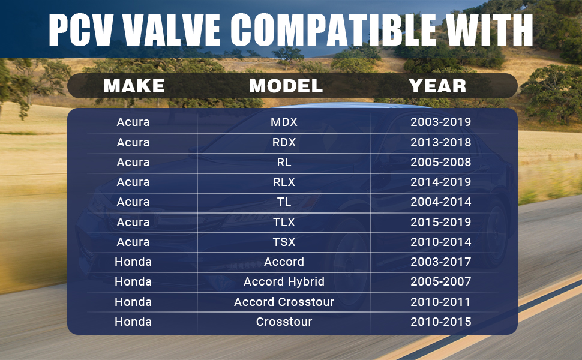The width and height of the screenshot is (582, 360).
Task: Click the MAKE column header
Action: coord(134,86)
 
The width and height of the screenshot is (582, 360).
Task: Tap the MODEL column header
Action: coord(286,86)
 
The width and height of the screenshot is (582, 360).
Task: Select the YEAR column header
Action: coord(437,86)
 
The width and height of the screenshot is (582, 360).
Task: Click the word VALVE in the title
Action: coord(172,29)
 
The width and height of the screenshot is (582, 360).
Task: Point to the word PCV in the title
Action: coord(80,29)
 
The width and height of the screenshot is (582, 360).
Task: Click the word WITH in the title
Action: coord(489,29)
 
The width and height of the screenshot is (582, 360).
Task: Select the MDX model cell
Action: coord(284,122)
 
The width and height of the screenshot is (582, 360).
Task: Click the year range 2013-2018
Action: coord(440,142)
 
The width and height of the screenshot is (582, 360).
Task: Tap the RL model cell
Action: coord(284,162)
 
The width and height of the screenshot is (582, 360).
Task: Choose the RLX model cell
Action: coord(284,182)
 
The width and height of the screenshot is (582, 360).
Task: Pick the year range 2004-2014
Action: coord(440,202)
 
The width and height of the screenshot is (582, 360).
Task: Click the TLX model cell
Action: coord(284,222)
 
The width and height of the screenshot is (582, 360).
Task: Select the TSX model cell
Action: coord(284,242)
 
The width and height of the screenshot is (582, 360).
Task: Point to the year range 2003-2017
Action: coord(440,262)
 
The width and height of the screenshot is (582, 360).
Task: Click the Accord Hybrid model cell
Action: coord(284,281)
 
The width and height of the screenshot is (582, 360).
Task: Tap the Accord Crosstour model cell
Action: coord(284,302)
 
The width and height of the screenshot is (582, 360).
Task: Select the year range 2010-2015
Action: coord(440,322)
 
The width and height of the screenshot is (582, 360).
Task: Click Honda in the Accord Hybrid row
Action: coord(133,281)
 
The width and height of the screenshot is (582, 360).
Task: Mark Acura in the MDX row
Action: coord(133,122)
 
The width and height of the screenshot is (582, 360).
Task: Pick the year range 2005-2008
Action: coord(440,162)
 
